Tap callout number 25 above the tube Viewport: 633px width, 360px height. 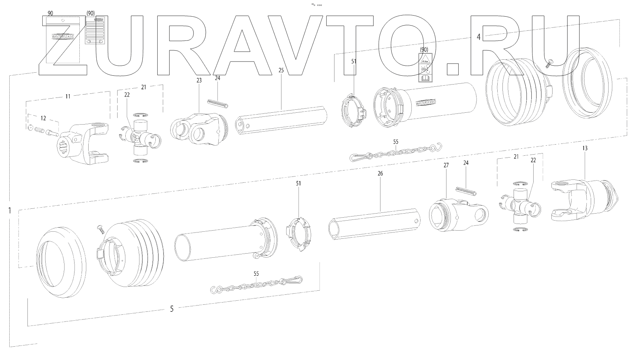[281, 70]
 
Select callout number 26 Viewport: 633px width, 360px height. [380, 173]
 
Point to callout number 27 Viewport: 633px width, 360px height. [446, 165]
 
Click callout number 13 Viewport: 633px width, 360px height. [585, 148]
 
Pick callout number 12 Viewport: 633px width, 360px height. [43, 118]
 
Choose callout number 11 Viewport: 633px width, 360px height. [68, 96]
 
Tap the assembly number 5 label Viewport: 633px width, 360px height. [171, 308]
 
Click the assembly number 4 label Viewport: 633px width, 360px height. [478, 37]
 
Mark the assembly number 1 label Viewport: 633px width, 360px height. [9, 211]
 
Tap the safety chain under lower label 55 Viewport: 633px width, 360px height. [257, 284]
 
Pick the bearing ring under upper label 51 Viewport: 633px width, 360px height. [353, 111]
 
